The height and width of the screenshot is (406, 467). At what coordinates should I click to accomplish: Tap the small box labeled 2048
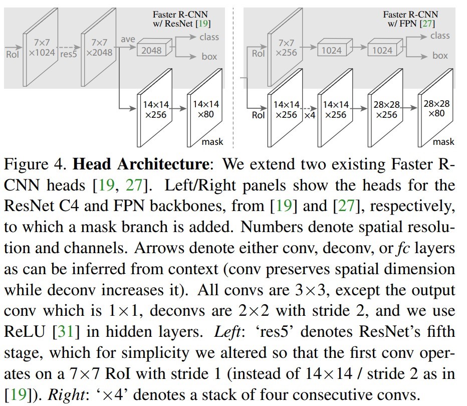coord(151,50)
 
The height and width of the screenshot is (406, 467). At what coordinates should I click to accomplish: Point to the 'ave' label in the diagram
coord(128,39)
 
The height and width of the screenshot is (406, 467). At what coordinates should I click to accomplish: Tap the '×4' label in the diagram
coord(310,115)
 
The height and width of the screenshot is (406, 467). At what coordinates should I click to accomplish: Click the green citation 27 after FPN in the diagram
coord(427,23)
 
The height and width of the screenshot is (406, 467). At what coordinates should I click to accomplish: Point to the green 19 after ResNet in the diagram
coord(204,23)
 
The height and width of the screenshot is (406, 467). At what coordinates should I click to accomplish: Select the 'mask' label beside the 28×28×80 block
coord(443,142)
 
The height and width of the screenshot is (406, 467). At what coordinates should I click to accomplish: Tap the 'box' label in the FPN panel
coord(440,56)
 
